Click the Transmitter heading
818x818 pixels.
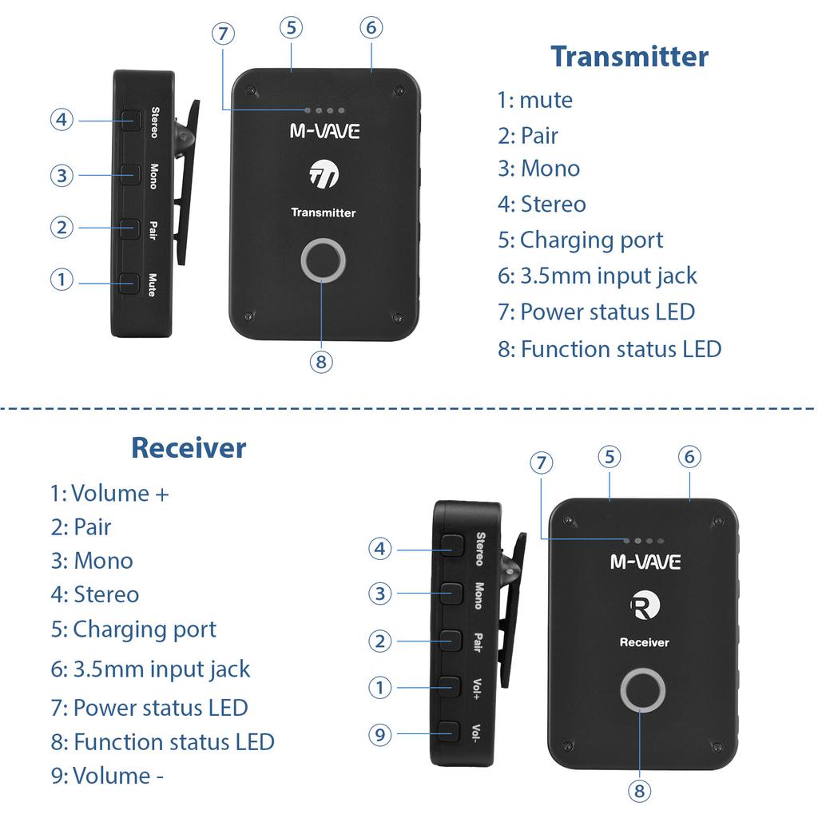pos(629,57)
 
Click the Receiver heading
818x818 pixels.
pos(189,447)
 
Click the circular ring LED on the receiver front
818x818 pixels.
pos(643,691)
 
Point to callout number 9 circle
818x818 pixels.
pos(380,733)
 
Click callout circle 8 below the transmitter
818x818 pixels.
pos(321,362)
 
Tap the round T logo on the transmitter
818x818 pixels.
pos(324,176)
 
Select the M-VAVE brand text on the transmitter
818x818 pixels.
pos(324,131)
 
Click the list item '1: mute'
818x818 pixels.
pos(534,101)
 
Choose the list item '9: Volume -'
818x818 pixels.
pos(107,776)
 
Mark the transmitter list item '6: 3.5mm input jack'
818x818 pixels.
pos(597,276)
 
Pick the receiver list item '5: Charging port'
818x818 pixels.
pos(133,629)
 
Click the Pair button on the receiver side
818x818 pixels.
pos(451,640)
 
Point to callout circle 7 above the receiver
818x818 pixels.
pos(542,463)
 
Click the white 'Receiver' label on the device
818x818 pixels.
pos(644,642)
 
